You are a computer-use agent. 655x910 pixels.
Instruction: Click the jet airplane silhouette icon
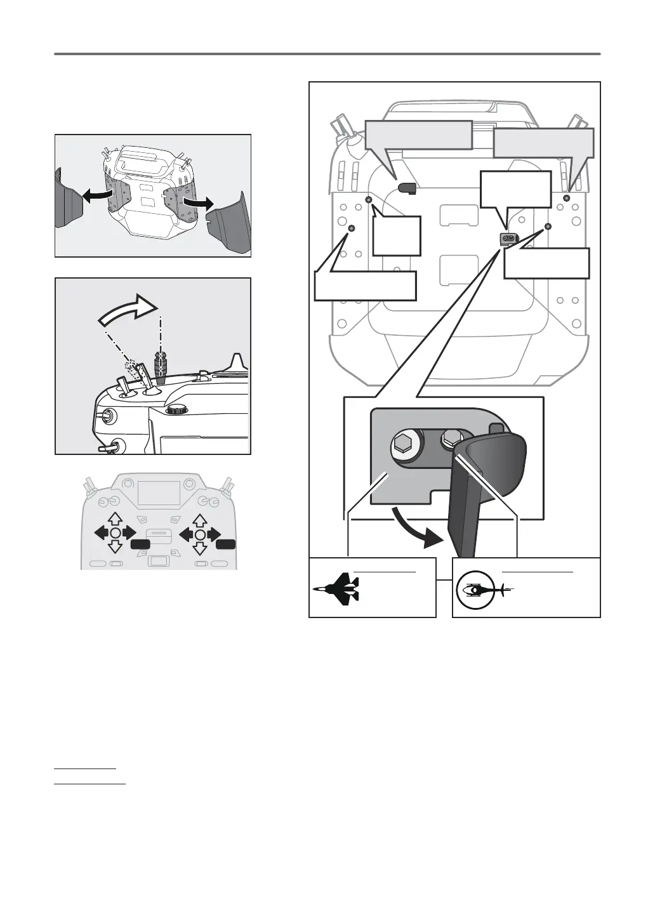(x=336, y=588)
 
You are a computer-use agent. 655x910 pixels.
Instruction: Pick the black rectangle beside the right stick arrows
(x=225, y=544)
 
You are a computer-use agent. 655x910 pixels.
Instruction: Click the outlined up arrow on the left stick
(x=115, y=520)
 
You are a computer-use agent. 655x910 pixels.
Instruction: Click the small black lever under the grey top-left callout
(x=407, y=188)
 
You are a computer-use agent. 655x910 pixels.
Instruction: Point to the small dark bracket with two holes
(x=509, y=238)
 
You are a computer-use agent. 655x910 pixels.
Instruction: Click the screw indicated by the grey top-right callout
(x=566, y=199)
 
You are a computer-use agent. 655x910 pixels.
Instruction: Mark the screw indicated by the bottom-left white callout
(x=352, y=228)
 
